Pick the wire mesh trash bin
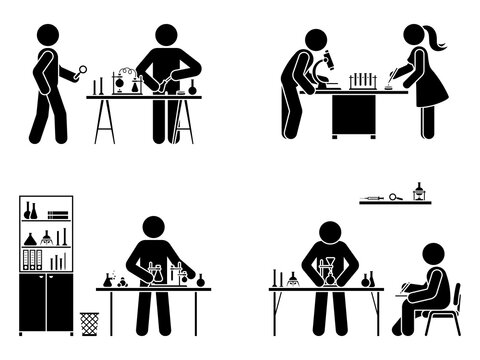(90, 322)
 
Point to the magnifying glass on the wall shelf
(395, 197)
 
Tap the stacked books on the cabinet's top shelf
(58, 213)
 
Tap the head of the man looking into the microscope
(316, 40)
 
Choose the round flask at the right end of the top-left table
(191, 88)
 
